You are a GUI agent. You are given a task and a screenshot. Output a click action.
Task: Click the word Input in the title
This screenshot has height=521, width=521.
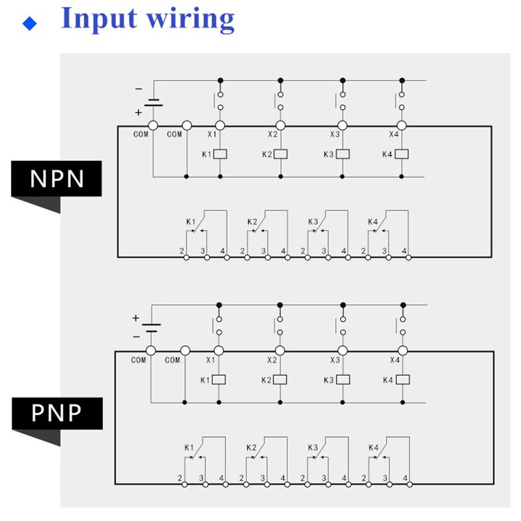click(97, 19)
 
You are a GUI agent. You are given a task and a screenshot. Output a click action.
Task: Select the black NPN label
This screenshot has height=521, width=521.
click(58, 178)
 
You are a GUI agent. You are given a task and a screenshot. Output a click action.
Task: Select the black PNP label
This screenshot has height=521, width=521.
click(58, 412)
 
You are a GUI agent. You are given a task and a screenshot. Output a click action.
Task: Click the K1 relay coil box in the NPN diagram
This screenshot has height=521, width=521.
click(220, 154)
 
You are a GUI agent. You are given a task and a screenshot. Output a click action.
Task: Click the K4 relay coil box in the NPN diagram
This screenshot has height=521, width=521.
click(402, 154)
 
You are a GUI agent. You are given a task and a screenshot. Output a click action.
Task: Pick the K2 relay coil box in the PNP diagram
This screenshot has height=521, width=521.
click(280, 380)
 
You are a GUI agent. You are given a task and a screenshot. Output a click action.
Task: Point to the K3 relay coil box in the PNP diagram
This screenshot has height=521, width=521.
click(341, 380)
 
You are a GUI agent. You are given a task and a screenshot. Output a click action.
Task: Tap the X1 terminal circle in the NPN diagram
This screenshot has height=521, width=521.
click(220, 126)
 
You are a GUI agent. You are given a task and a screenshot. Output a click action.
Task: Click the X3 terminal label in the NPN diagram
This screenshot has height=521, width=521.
click(334, 135)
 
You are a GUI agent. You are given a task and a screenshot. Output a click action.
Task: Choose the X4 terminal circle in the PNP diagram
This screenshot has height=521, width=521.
click(402, 350)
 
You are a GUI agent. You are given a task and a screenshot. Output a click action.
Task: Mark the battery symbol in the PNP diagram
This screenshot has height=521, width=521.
click(152, 328)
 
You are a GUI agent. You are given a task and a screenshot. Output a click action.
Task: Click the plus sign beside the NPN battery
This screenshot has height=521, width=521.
click(138, 112)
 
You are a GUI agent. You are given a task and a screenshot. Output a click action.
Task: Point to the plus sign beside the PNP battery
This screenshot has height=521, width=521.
click(136, 318)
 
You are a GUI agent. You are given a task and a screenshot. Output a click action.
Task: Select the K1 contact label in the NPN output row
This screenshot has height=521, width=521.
click(191, 222)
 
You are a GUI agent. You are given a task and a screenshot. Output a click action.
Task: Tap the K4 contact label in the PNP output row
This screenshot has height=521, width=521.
click(373, 447)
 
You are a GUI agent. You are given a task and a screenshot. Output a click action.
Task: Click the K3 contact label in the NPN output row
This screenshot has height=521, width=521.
click(313, 222)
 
